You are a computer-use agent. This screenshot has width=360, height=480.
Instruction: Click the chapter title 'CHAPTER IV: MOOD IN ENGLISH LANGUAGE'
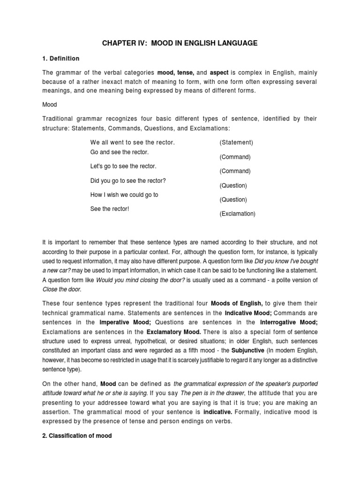180,43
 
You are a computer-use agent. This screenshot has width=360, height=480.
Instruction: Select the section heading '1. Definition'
60,59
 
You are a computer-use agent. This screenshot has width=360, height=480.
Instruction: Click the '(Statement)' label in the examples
236,142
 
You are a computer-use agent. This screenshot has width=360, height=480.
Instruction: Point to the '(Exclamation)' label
238,214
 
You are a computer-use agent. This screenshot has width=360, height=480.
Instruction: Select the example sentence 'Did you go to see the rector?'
128,180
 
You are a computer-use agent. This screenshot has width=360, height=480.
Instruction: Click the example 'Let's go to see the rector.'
123,166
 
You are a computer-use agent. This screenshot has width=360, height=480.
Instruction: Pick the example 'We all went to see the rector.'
129,142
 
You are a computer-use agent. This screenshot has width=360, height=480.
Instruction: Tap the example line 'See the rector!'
109,209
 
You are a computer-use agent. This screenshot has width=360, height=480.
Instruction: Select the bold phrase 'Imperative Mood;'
124,322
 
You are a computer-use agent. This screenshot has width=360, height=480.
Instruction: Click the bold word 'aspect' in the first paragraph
219,73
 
